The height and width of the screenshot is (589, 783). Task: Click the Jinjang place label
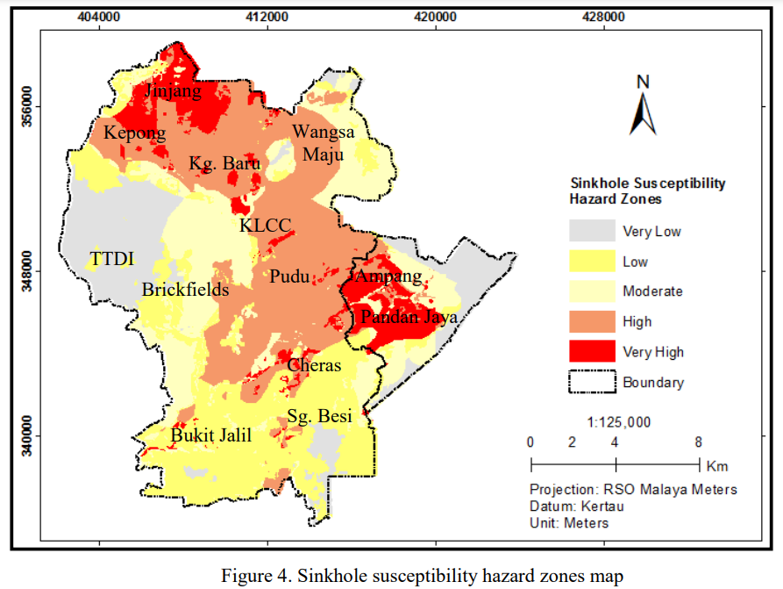[x=173, y=91]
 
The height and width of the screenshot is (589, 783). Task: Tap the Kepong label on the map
[x=134, y=133]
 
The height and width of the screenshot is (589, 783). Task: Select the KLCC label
[x=265, y=226]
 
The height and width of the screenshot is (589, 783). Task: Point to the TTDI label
[x=111, y=259]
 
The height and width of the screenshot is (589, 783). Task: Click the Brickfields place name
[x=185, y=290]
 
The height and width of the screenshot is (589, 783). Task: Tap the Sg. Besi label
[x=320, y=415]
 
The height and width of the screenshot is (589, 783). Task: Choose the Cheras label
[x=314, y=365]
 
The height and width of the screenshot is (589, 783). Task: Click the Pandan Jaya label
[x=409, y=318]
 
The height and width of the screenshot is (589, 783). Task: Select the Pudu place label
[x=289, y=277]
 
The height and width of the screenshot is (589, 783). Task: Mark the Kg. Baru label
[x=224, y=164]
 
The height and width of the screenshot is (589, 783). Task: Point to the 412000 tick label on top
[x=267, y=17]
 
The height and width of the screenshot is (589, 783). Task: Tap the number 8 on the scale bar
[x=698, y=442]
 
